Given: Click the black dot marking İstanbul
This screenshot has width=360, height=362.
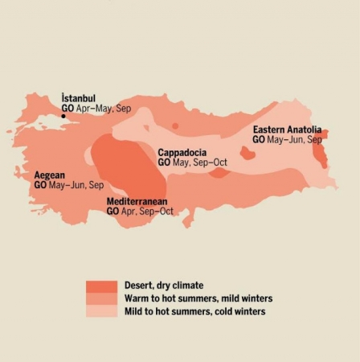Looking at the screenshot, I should (x=63, y=116).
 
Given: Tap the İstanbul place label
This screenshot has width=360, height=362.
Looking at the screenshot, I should (x=78, y=99).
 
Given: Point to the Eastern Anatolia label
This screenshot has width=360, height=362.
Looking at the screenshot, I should (x=287, y=130).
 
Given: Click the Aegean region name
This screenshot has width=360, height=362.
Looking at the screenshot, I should (x=49, y=175).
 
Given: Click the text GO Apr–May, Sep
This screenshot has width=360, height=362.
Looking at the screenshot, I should (x=96, y=108).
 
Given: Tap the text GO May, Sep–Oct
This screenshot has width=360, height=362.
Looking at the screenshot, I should (x=192, y=162).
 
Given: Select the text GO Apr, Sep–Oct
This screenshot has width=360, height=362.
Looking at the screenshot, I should (x=140, y=211).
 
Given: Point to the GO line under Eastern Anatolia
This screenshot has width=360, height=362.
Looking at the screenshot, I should (x=287, y=139).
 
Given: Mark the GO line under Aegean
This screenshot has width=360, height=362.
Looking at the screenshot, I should (x=68, y=185).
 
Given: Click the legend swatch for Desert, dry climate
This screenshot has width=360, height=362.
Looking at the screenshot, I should (x=102, y=286).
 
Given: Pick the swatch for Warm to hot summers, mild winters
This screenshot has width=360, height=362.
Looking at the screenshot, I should (x=102, y=298).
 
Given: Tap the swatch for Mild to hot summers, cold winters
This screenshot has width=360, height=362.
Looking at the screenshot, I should (x=102, y=311).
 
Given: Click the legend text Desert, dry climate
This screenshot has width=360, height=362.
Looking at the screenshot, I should (x=164, y=286).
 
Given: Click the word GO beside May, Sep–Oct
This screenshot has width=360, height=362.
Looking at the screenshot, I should (x=164, y=162).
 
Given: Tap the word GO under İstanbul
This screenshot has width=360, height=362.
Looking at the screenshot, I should (x=67, y=108).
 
